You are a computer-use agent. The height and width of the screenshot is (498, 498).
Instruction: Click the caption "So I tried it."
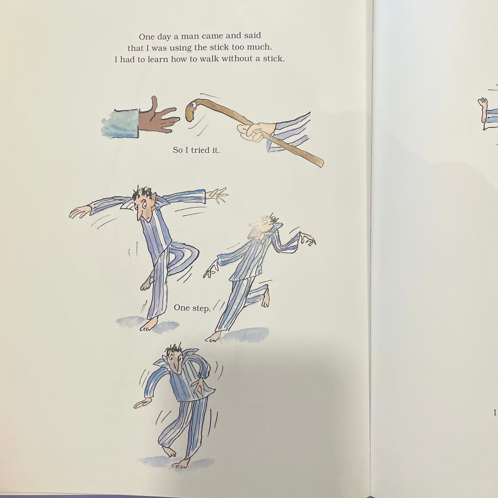(196, 150)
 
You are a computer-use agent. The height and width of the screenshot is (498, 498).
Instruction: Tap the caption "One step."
(192, 308)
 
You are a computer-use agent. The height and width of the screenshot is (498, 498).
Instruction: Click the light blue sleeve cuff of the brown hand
(121, 123)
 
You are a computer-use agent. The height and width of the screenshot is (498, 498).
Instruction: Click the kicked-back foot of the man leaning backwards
(265, 300)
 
